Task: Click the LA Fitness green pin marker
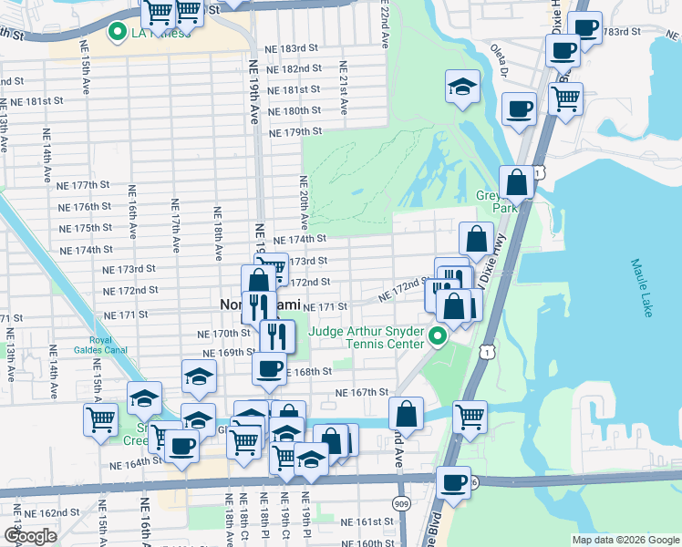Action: [117, 34]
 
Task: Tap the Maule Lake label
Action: [640, 289]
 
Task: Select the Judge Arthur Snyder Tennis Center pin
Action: [438, 337]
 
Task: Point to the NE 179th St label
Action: [296, 131]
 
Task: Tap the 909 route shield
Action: [403, 503]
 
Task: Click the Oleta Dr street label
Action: [500, 57]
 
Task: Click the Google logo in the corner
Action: [30, 535]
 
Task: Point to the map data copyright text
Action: [625, 540]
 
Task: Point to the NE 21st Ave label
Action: [343, 88]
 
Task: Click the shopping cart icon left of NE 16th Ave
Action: [101, 419]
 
